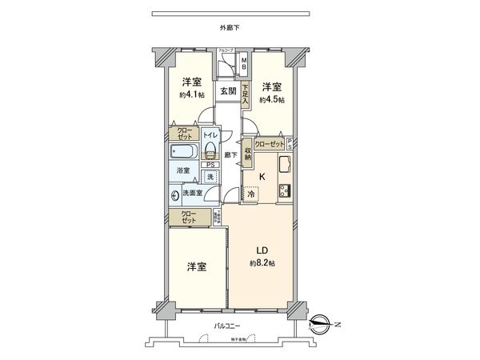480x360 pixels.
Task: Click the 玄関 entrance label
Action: [x=228, y=91]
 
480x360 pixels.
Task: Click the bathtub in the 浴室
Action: [x=185, y=151]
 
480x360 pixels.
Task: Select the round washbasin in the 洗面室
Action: [x=175, y=194]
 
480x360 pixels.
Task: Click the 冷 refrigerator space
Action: [x=250, y=193]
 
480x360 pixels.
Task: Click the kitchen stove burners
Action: [x=284, y=190]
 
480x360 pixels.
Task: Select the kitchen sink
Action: [x=284, y=166]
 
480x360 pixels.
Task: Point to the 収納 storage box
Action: [x=248, y=150]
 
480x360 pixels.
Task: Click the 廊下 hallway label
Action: [x=229, y=154]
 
